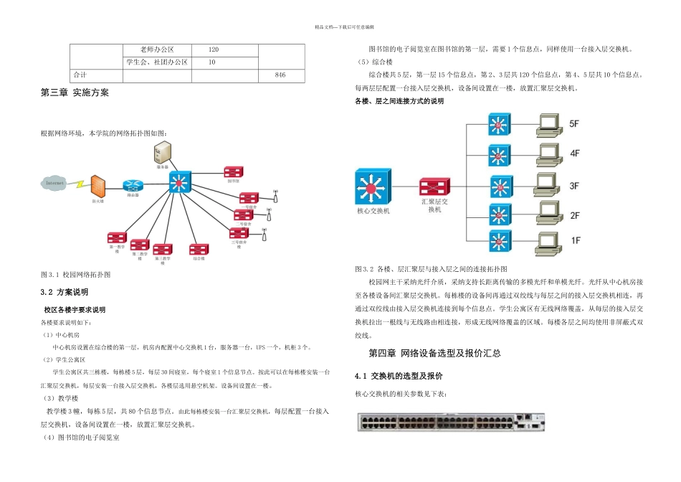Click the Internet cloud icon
54,184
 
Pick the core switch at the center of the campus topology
180,183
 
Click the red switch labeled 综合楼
199,250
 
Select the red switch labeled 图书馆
233,173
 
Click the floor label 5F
574,124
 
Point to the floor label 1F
574,240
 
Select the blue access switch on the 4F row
500,153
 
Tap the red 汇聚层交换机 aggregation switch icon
435,188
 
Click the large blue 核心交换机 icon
373,188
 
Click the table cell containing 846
280,75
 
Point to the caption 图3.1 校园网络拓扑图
76,275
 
